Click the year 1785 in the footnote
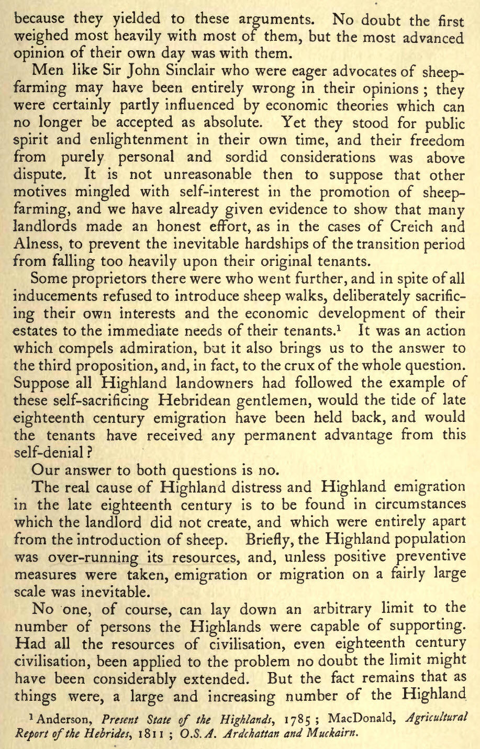pos(297,717)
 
